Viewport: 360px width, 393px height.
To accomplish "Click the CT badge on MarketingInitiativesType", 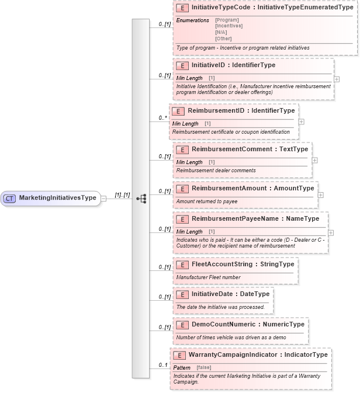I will pyautogui.click(x=9, y=198).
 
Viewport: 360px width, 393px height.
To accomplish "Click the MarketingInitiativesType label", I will pyautogui.click(x=57, y=198).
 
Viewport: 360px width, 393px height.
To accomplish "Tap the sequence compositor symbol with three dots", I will pyautogui.click(x=141, y=199).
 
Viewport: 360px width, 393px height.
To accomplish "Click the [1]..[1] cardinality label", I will pyautogui.click(x=122, y=194).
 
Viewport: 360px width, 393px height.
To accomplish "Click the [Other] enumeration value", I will pyautogui.click(x=223, y=39).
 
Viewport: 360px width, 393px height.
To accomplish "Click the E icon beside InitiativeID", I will pyautogui.click(x=182, y=66).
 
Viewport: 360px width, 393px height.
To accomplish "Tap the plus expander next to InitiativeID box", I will pyautogui.click(x=337, y=78).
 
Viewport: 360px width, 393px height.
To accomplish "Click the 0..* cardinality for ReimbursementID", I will pyautogui.click(x=163, y=118).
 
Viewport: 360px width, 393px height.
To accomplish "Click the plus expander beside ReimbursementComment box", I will pyautogui.click(x=315, y=159).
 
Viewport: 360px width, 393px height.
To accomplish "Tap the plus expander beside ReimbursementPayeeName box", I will pyautogui.click(x=331, y=232).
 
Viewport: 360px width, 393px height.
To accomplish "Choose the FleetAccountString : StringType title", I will pyautogui.click(x=243, y=264).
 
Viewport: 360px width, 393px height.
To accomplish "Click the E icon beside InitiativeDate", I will pyautogui.click(x=182, y=294).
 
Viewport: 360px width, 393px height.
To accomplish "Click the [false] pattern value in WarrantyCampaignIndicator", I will pyautogui.click(x=203, y=367).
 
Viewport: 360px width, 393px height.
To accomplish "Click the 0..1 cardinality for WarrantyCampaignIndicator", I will pyautogui.click(x=163, y=366).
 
